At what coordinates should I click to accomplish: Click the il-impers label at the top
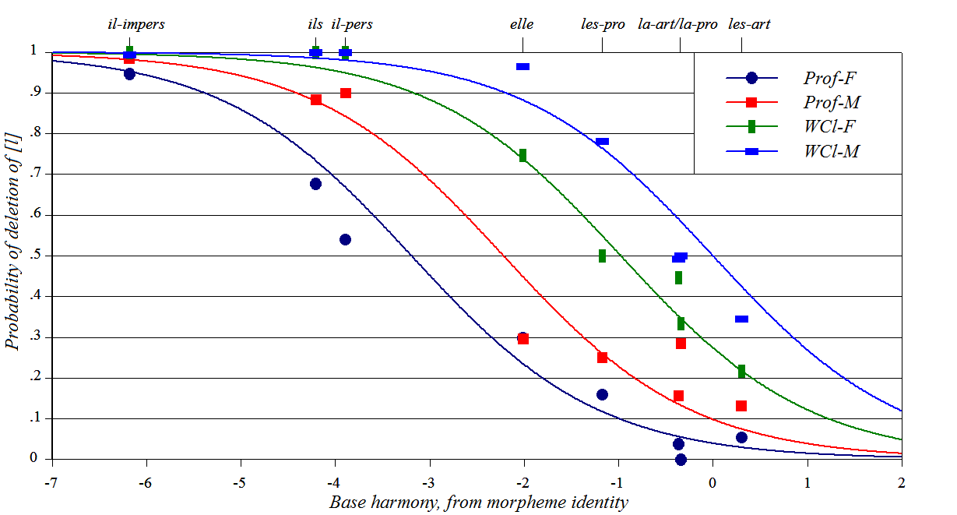(135, 24)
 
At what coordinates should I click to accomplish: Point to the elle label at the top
(522, 24)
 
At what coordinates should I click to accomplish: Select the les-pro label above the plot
(603, 24)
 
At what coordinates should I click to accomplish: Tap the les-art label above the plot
(749, 24)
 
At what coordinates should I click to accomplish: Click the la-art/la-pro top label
(677, 24)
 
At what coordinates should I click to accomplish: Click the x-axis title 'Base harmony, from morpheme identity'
(478, 502)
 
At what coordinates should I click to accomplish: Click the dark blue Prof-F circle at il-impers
(129, 74)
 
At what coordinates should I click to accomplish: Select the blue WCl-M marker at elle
(522, 67)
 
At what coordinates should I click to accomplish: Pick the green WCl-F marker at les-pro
(602, 256)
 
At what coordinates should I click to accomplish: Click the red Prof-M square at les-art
(741, 406)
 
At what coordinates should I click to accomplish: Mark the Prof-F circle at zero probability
(681, 460)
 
